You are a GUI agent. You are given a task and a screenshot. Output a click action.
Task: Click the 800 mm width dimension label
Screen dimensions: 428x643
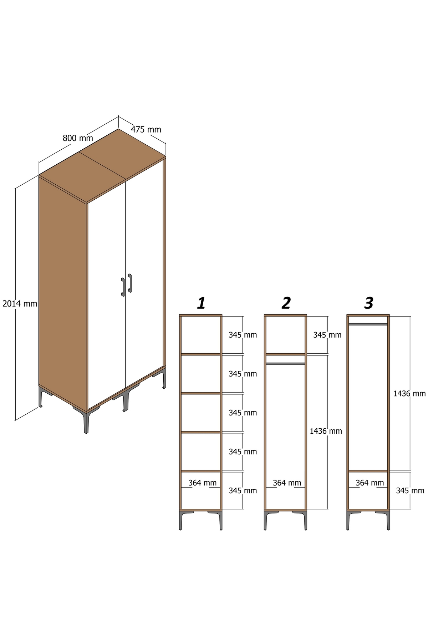[x=78, y=138]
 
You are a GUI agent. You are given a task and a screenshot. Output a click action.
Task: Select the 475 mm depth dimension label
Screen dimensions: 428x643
[x=146, y=129]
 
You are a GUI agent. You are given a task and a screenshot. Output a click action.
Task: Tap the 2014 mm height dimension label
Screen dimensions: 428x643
[x=20, y=304]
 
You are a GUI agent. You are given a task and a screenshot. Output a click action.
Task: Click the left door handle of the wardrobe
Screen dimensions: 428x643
[x=123, y=287]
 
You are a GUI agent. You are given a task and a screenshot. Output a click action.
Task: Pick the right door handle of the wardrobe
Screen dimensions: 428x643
[x=130, y=283]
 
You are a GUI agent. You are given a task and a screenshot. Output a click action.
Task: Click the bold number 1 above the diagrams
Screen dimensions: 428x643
[x=201, y=303]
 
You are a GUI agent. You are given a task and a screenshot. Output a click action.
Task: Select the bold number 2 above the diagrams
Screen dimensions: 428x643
[x=286, y=303]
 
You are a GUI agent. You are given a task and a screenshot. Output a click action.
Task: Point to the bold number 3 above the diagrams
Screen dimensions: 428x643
[x=369, y=303]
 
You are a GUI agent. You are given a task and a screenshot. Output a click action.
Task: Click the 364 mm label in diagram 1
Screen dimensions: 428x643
[x=202, y=483]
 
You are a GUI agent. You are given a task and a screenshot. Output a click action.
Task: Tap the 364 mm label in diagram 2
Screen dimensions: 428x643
[x=287, y=483]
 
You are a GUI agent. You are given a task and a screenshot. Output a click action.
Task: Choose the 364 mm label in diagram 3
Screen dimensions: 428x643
[x=370, y=483]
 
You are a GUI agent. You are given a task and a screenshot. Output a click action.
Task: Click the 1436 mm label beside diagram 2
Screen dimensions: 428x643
[x=326, y=431]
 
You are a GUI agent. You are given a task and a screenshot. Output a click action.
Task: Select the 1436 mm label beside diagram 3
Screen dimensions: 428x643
[x=409, y=394]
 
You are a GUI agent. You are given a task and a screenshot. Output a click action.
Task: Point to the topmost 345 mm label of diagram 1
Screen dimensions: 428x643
[x=243, y=335]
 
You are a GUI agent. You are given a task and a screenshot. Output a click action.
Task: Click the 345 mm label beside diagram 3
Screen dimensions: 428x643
[x=410, y=491]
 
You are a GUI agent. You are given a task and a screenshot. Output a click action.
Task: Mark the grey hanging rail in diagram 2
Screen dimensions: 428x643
[x=285, y=364]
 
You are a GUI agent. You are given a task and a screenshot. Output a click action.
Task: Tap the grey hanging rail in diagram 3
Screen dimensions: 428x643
[x=368, y=324]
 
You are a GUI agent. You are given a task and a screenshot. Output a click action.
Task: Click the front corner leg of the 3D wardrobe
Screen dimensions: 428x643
[x=86, y=422]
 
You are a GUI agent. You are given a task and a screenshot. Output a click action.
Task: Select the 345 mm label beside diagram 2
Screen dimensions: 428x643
[x=327, y=335]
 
